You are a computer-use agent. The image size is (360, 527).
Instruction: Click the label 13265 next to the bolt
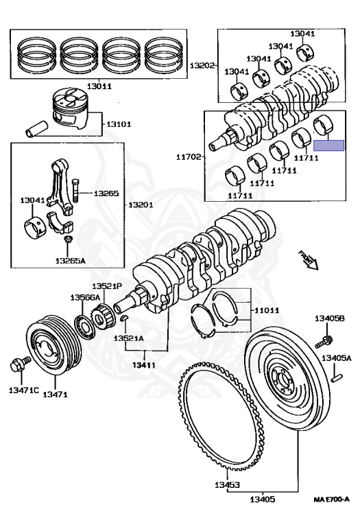(106, 194)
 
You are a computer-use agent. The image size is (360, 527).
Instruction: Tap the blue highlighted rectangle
(327, 145)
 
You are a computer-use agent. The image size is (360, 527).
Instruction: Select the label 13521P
(108, 285)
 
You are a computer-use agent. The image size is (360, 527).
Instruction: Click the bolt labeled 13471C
(17, 365)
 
